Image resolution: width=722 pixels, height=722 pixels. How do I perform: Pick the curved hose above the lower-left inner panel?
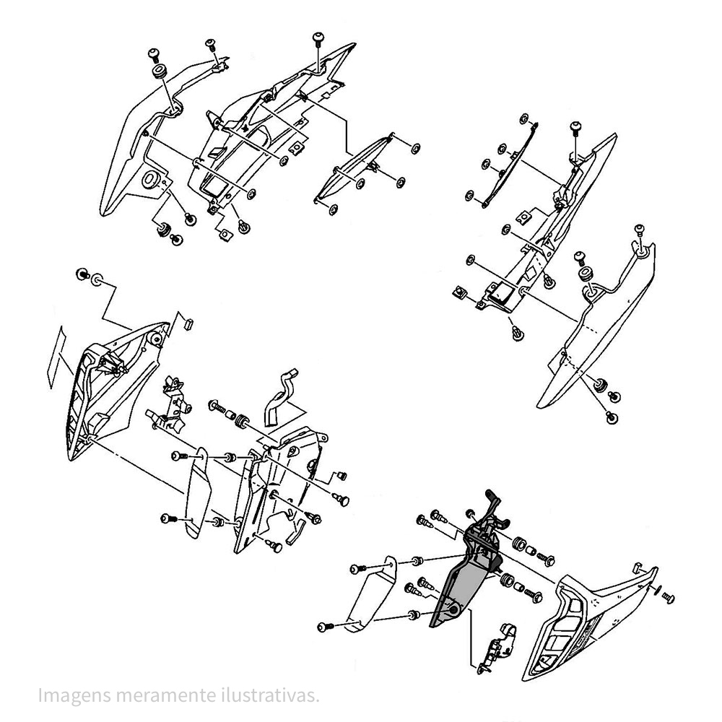click(280, 396)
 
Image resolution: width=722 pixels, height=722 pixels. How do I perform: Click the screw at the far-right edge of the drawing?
click(668, 598)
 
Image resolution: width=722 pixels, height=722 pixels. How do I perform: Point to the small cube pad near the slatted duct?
click(188, 323)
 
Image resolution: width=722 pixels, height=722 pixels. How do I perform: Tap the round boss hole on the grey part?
click(453, 611)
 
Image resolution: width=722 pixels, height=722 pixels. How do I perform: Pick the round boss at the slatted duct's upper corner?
click(156, 339)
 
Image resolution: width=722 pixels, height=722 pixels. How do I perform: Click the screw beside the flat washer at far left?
click(83, 274)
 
